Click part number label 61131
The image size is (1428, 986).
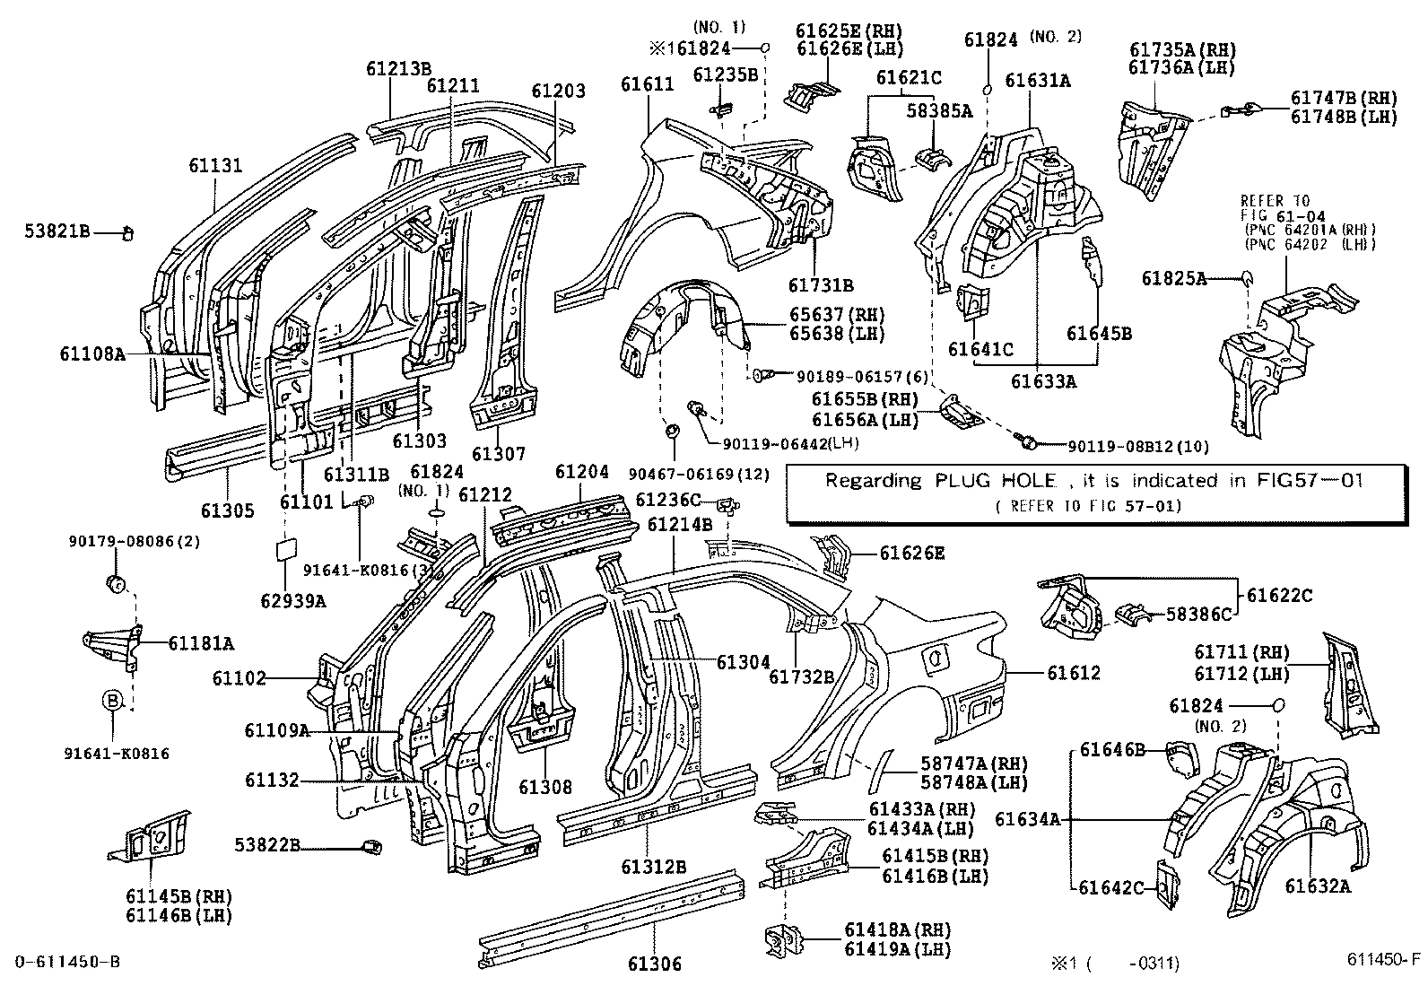(214, 165)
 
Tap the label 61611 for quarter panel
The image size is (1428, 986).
(647, 84)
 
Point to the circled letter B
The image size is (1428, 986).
(113, 701)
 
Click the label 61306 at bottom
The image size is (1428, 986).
(654, 964)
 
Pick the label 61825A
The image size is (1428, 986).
(1174, 279)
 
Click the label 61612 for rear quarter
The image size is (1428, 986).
(1072, 672)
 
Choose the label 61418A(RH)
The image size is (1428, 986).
(897, 929)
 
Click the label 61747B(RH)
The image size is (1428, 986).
(1344, 99)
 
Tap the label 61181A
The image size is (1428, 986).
(201, 642)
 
